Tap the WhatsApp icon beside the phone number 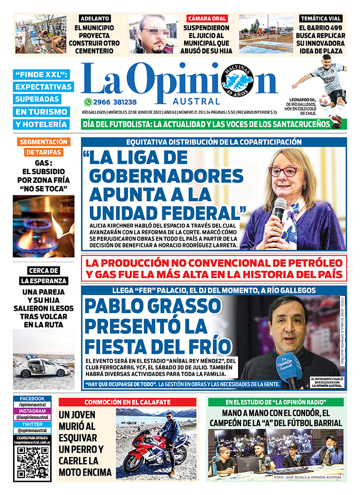pyautogui.click(x=88, y=102)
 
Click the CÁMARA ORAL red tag pyautogui.click(x=207, y=18)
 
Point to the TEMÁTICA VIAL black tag pyautogui.click(x=321, y=18)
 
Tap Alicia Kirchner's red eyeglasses pyautogui.click(x=283, y=171)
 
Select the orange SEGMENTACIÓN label pyautogui.click(x=43, y=142)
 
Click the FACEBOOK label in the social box pyautogui.click(x=32, y=398)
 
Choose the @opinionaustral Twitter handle pyautogui.click(x=32, y=430)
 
